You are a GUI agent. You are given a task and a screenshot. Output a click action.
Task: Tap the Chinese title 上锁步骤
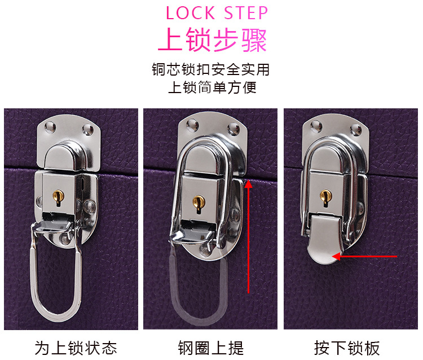point(211,39)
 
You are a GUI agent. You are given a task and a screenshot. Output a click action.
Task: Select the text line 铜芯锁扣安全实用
point(211,69)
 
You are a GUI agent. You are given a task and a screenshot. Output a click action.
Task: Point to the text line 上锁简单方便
point(212,87)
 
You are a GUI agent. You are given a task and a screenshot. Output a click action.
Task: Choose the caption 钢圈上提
point(210,347)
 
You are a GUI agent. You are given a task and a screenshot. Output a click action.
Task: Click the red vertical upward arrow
point(248,237)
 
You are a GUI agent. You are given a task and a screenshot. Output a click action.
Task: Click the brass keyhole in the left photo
point(56,196)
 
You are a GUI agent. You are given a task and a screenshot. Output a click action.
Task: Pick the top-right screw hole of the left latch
point(88,130)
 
